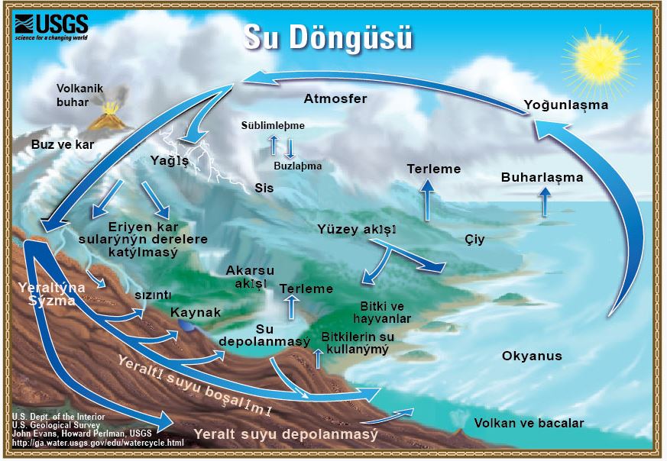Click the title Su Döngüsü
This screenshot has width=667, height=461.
click(x=328, y=37)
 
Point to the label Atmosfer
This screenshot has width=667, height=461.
click(x=335, y=98)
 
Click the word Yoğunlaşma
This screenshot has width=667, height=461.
click(x=566, y=104)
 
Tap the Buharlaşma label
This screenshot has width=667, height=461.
click(x=542, y=177)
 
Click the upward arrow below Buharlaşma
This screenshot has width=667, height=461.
click(x=544, y=202)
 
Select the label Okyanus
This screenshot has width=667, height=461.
click(x=532, y=356)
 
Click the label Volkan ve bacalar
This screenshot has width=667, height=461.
click(x=529, y=423)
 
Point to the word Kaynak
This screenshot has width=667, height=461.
click(x=196, y=312)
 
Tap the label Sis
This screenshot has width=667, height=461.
click(x=264, y=187)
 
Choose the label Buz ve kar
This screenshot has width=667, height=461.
click(x=58, y=143)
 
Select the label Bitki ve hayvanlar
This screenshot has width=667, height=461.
click(x=386, y=312)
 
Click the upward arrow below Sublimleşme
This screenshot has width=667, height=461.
click(x=273, y=144)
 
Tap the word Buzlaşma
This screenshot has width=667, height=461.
click(x=297, y=165)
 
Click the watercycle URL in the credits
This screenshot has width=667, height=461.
click(x=98, y=443)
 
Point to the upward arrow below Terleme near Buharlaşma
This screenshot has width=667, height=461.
click(x=428, y=198)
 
